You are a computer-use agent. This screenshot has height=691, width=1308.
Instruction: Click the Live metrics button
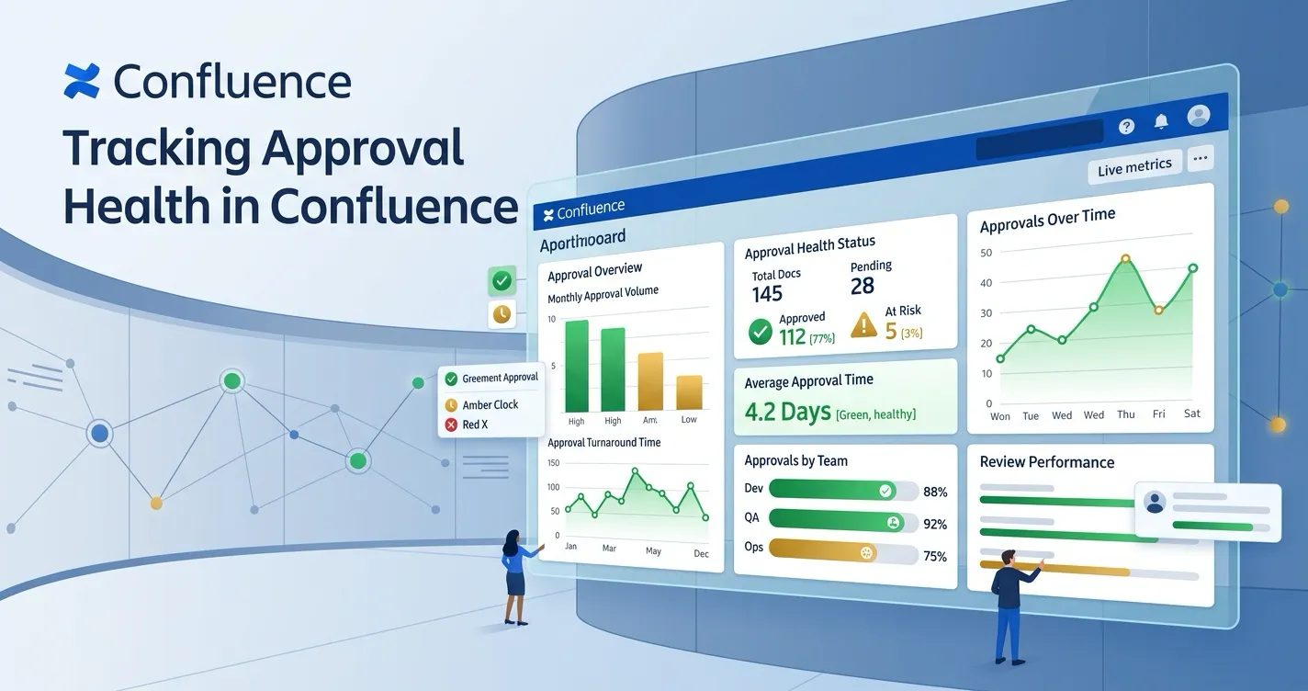point(1134,166)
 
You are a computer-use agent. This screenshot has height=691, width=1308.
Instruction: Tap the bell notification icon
point(1161,121)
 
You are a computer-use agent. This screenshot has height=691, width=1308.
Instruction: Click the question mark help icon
point(1127,126)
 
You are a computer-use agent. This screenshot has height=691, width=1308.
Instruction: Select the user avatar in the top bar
point(1198,116)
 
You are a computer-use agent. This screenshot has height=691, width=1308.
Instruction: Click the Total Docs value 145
point(767,294)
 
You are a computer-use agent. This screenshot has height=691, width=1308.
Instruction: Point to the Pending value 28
point(863,286)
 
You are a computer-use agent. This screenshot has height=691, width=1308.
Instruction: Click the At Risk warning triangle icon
point(863,324)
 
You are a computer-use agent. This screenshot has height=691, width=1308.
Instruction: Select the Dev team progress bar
point(843,491)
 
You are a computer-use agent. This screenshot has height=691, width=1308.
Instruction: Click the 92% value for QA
point(934,525)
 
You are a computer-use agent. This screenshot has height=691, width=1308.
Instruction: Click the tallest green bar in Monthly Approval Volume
point(577,366)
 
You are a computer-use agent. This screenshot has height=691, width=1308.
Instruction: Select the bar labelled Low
point(689,392)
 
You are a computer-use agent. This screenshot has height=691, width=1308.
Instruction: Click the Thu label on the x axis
point(1125,414)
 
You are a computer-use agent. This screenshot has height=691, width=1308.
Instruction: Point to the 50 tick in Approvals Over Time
point(987,253)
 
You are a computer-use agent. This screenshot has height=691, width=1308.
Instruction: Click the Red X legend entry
point(474,425)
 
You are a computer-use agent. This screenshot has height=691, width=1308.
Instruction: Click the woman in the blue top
point(514,575)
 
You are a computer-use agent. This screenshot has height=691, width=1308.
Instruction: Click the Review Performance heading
point(1046,462)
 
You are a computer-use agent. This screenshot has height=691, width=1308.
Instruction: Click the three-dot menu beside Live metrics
point(1200,158)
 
